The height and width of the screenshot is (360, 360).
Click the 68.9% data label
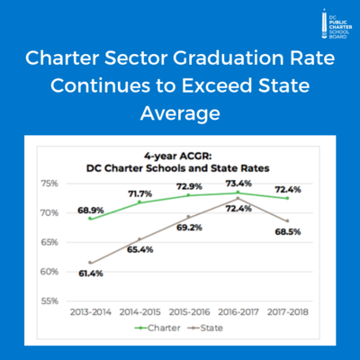pos(91,210)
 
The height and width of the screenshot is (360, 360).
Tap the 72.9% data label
pos(189,186)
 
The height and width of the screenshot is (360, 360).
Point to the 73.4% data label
pos(238,183)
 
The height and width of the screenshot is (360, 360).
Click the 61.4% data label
pos(91,271)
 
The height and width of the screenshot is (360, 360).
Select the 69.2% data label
pos(190,229)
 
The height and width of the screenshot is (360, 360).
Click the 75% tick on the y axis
pos(49,184)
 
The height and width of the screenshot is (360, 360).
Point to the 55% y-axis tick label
pos(49,301)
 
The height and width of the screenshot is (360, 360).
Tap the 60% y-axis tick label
pos(49,271)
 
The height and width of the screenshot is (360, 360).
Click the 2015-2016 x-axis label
pos(189,312)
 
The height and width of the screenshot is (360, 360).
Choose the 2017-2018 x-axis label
pos(287,312)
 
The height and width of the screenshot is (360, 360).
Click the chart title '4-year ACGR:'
pos(180,152)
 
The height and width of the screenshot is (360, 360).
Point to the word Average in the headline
pos(180,115)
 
